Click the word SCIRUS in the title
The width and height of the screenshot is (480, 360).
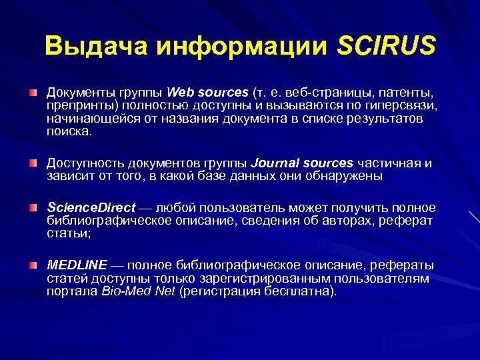pos(386,46)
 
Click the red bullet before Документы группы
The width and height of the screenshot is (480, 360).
pos(33,91)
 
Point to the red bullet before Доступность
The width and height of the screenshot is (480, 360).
pos(33,163)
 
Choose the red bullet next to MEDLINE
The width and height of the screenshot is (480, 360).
pos(33,265)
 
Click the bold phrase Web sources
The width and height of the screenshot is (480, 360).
pos(207,92)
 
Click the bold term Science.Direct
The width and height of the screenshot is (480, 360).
pos(91,208)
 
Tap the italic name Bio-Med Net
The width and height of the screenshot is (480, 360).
pos(138,291)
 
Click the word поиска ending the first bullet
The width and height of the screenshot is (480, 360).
pos(69,131)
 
